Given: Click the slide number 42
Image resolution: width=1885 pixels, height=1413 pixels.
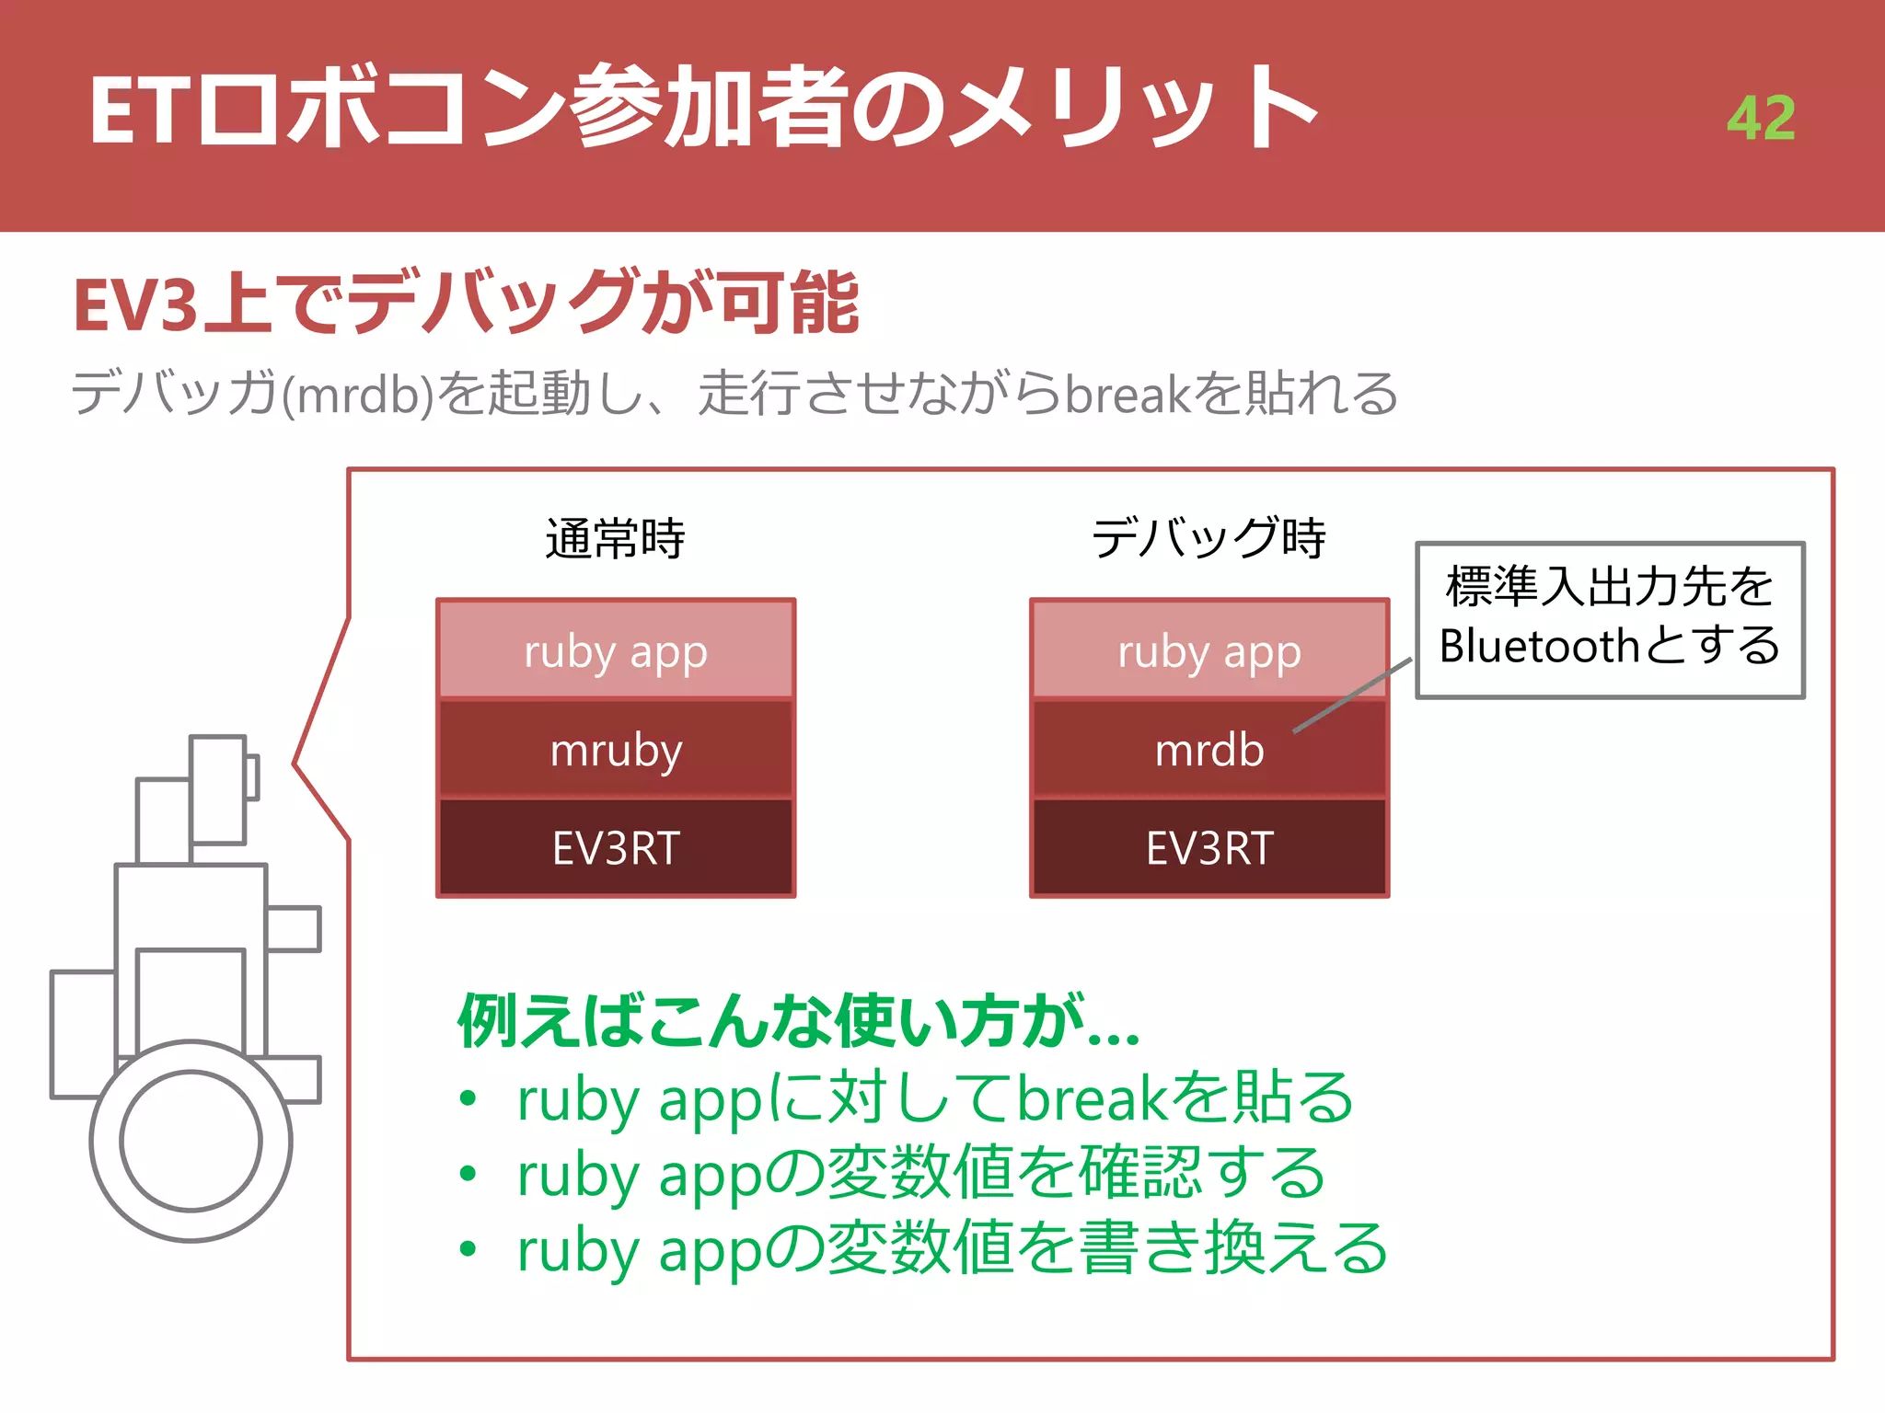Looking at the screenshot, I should (x=1760, y=118).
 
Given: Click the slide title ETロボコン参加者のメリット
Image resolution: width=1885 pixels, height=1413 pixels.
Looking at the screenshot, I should (x=703, y=109).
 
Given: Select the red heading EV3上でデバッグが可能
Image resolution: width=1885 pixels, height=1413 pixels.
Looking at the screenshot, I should (x=466, y=304).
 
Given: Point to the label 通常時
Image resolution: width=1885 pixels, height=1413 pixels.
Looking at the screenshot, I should (x=615, y=539).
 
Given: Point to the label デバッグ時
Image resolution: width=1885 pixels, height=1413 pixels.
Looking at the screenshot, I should (x=1208, y=539).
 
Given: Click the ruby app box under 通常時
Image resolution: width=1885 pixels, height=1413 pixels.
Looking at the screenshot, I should (x=616, y=651).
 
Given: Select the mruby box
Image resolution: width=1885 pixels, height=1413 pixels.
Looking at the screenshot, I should (x=616, y=750).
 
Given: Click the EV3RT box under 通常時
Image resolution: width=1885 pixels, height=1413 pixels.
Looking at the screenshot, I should (x=616, y=847).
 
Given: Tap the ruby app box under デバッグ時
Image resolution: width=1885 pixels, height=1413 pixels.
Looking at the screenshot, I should (x=1209, y=651).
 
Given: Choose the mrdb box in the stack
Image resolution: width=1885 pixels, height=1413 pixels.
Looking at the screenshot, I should (x=1209, y=750).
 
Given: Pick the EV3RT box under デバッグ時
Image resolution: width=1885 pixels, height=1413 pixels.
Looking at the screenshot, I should (x=1209, y=847).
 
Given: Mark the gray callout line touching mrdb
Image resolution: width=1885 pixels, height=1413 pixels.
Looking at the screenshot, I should (x=1351, y=695).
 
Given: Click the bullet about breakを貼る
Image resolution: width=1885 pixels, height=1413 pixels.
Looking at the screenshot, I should (x=934, y=1098).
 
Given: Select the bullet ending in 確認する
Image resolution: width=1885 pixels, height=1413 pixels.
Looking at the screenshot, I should (x=920, y=1174).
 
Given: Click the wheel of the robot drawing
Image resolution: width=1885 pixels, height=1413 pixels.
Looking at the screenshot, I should (x=191, y=1141).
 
